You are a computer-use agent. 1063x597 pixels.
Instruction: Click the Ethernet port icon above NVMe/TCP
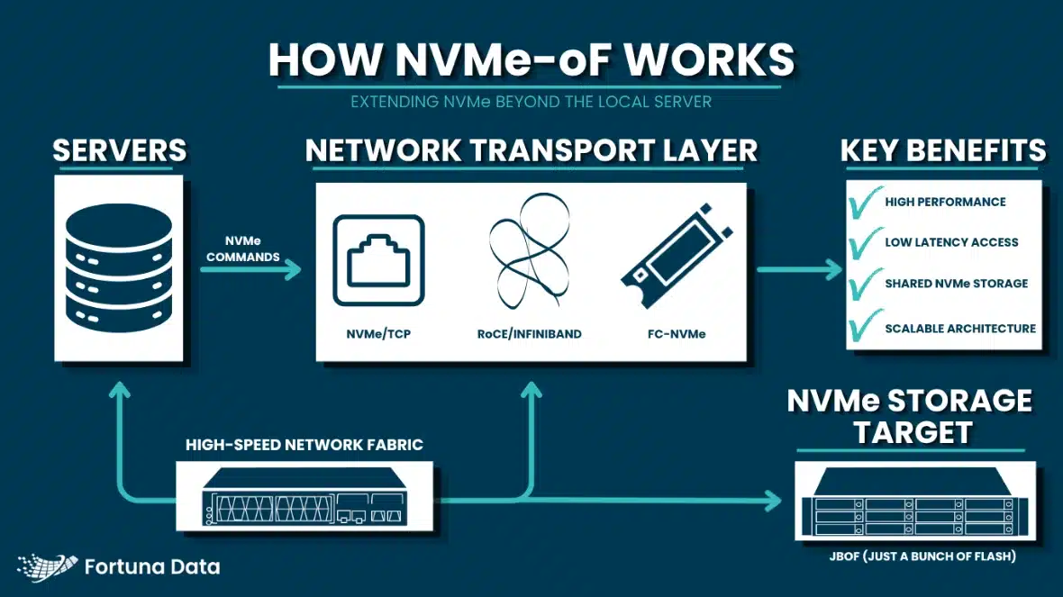click(x=378, y=262)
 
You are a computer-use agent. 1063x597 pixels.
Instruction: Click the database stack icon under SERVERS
click(x=118, y=267)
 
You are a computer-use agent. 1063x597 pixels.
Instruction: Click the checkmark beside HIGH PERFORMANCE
click(x=865, y=203)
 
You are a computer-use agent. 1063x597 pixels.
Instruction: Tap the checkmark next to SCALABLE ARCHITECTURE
click(x=865, y=327)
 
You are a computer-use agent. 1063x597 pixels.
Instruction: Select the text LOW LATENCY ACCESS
click(x=950, y=242)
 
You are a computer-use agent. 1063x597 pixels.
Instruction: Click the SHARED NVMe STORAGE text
click(x=956, y=284)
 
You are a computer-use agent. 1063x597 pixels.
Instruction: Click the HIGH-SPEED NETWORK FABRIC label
click(x=304, y=445)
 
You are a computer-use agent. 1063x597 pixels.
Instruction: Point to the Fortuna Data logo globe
click(x=47, y=565)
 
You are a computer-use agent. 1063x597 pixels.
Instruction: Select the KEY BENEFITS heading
click(x=942, y=150)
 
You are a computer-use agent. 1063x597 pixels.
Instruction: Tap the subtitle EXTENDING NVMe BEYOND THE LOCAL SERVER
click(x=531, y=102)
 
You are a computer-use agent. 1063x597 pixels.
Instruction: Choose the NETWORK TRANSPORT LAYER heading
click(x=531, y=150)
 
